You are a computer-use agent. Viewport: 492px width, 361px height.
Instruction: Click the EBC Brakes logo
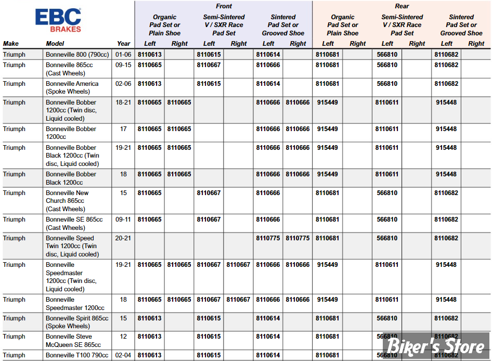click(x=58, y=20)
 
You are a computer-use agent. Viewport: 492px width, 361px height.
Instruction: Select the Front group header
click(x=224, y=6)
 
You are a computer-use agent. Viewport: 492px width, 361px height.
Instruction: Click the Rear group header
click(x=402, y=6)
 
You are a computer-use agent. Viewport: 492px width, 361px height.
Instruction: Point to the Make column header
click(x=11, y=44)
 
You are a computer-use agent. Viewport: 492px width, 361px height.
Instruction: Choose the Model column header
click(x=55, y=44)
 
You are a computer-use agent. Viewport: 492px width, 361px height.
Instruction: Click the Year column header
click(x=124, y=44)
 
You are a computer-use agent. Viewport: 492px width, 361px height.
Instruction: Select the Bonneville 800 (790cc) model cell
click(x=77, y=55)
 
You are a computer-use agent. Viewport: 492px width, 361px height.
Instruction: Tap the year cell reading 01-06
click(x=123, y=55)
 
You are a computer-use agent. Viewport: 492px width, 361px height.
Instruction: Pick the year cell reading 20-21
click(x=123, y=238)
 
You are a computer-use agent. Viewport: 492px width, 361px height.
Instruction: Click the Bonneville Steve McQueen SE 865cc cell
click(x=73, y=341)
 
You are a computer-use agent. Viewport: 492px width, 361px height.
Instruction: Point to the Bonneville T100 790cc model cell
click(x=77, y=355)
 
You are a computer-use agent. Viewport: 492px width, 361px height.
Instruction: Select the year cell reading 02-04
click(x=123, y=355)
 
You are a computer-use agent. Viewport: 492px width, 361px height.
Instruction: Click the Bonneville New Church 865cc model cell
click(x=67, y=201)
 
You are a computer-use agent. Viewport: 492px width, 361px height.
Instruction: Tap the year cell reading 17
click(x=123, y=129)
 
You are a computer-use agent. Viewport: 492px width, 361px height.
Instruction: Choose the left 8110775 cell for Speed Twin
click(x=268, y=238)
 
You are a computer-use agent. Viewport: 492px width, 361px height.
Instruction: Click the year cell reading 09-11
click(x=123, y=220)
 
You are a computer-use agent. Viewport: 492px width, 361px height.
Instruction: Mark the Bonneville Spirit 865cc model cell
click(x=77, y=322)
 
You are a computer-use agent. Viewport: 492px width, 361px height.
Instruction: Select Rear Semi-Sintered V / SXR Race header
click(x=402, y=25)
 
